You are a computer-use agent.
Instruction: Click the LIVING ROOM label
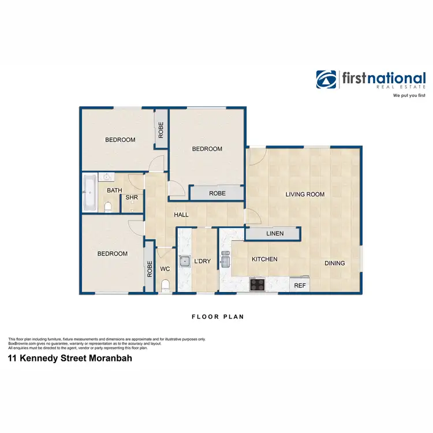pyautogui.click(x=305, y=195)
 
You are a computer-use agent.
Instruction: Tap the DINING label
pyautogui.click(x=334, y=263)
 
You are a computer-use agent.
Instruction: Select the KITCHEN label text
pyautogui.click(x=264, y=259)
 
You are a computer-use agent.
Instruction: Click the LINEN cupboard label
pyautogui.click(x=274, y=233)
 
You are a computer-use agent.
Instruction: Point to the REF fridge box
pyautogui.click(x=300, y=285)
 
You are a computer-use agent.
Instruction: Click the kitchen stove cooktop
pyautogui.click(x=257, y=284)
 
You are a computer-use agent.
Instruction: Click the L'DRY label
pyautogui.click(x=202, y=262)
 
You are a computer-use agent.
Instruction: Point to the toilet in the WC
pyautogui.click(x=166, y=285)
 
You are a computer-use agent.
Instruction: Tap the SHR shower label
pyautogui.click(x=132, y=197)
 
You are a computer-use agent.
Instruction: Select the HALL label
pyautogui.click(x=181, y=215)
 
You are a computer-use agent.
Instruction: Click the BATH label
pyautogui.click(x=114, y=190)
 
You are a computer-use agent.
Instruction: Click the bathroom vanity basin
pyautogui.click(x=107, y=177)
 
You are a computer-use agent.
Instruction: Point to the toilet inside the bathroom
pyautogui.click(x=107, y=206)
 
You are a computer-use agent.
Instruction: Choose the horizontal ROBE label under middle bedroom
pyautogui.click(x=217, y=193)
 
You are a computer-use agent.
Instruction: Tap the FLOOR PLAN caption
pyautogui.click(x=218, y=316)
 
